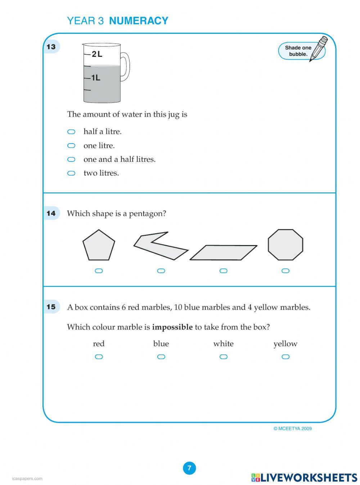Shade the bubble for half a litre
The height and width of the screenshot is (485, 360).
71,132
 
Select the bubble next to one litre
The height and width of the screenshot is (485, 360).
71,146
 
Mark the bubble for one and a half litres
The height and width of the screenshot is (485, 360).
71,159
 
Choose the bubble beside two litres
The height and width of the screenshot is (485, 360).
71,173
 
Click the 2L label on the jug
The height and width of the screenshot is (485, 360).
97,54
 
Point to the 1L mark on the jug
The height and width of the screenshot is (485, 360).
95,78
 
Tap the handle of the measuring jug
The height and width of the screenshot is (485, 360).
125,67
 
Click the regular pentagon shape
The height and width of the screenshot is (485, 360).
99,246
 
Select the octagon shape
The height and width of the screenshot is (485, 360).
285,245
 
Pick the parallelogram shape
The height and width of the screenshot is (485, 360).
224,253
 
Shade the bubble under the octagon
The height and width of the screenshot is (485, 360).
285,271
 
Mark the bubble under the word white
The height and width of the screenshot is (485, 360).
224,357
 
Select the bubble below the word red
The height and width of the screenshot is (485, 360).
99,357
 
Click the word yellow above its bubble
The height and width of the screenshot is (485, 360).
285,344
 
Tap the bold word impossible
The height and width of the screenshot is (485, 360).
172,327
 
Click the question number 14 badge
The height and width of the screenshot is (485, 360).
51,213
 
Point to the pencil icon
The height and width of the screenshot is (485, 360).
319,48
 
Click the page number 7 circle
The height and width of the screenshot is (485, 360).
189,468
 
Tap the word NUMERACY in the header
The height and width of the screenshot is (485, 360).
139,21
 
